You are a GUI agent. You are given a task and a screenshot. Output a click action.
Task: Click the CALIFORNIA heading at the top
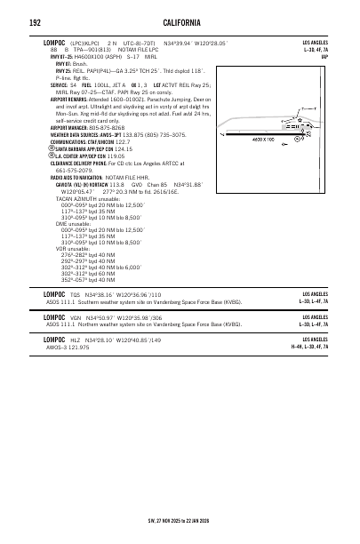pyautogui.click(x=180, y=21)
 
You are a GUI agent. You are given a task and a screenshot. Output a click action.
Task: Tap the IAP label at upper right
pyautogui.click(x=324, y=57)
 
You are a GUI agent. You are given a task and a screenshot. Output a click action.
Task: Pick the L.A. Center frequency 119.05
pyautogui.click(x=109, y=180)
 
